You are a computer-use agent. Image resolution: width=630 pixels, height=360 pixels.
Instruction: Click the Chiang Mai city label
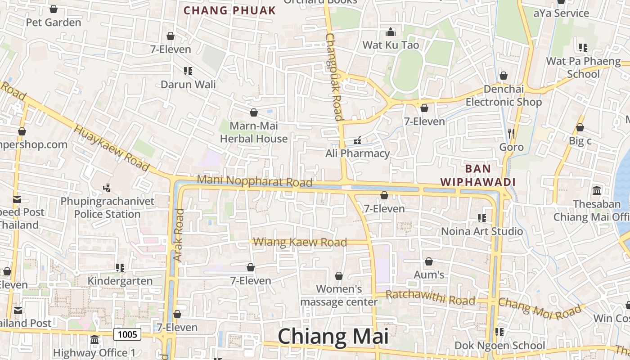click(x=333, y=337)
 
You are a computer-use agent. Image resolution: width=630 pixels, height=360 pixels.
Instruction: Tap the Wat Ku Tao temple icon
click(x=391, y=32)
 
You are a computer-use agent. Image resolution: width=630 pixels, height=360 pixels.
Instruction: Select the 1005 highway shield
click(x=127, y=334)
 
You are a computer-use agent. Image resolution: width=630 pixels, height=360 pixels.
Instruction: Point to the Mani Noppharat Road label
click(x=255, y=181)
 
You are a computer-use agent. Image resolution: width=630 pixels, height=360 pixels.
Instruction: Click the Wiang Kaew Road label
click(x=300, y=242)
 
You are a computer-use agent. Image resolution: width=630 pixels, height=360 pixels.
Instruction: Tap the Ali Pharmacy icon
click(x=358, y=141)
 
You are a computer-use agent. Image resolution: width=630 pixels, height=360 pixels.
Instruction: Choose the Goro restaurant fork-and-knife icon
click(x=511, y=133)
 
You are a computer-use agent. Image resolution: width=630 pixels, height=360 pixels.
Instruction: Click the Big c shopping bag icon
click(x=580, y=128)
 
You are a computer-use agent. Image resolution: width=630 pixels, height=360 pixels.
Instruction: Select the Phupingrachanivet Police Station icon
click(x=107, y=188)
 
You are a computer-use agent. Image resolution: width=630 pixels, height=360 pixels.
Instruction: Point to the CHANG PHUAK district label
click(x=229, y=11)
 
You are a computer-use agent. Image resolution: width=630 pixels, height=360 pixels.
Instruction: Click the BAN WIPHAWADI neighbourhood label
click(x=477, y=175)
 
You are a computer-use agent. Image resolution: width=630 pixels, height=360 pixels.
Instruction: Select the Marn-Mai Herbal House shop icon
click(x=254, y=112)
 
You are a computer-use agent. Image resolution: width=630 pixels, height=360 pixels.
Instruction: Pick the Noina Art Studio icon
click(x=482, y=218)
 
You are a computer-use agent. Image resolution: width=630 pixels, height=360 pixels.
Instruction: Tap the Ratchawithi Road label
click(x=431, y=297)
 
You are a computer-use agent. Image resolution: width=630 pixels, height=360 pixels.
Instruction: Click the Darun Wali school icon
click(x=188, y=71)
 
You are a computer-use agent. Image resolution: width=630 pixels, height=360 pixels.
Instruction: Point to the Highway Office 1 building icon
click(x=94, y=339)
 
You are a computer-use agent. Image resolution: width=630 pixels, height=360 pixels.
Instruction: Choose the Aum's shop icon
click(x=429, y=261)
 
